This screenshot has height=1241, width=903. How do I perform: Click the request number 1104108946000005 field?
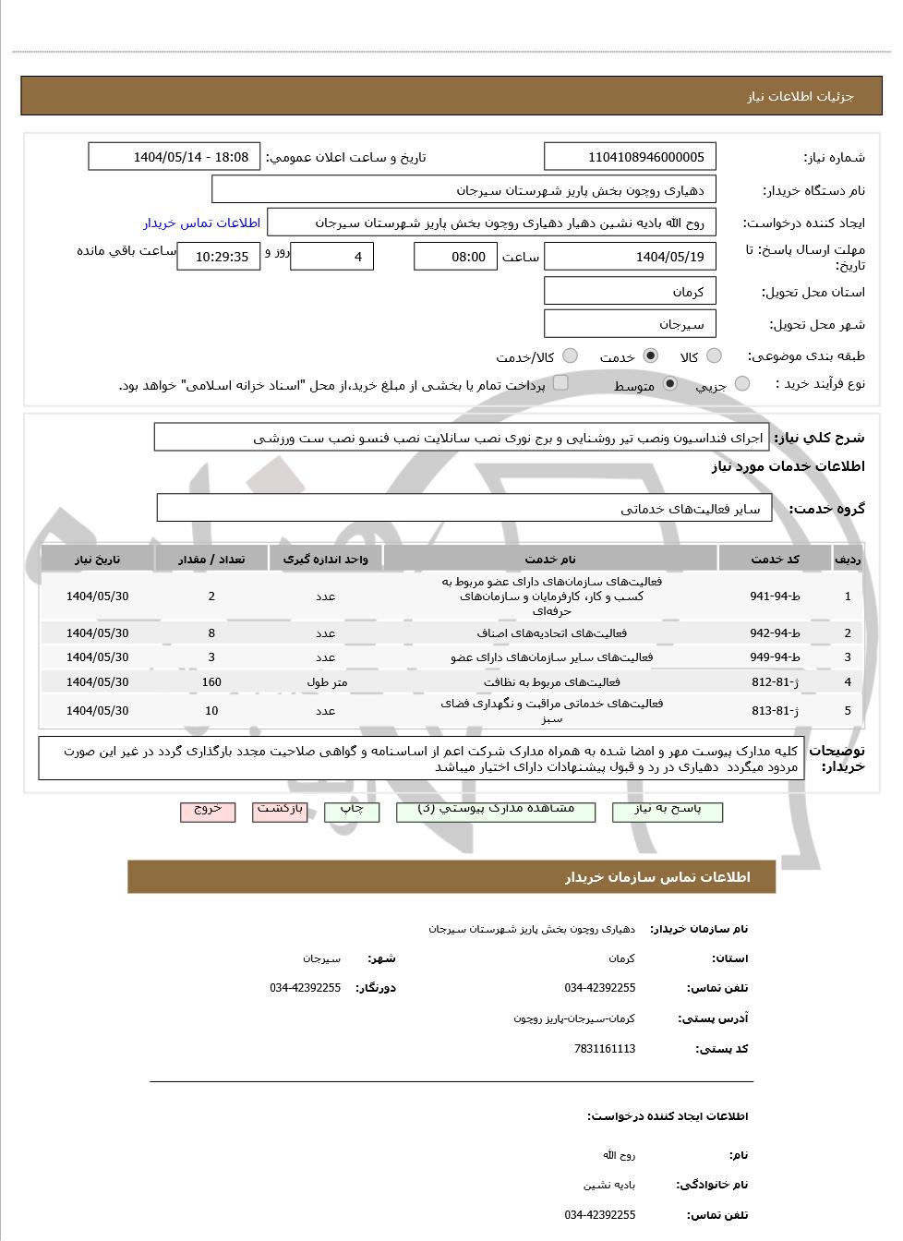(630, 157)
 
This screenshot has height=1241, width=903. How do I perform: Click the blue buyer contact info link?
(201, 223)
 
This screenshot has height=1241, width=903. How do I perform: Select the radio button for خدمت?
(651, 356)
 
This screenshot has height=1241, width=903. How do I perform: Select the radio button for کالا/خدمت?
(570, 356)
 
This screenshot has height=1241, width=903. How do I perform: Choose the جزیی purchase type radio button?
(742, 384)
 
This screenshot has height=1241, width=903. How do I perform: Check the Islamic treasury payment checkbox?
(560, 383)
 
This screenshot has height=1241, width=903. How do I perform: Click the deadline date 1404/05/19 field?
(630, 257)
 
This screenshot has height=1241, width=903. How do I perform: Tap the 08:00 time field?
(455, 257)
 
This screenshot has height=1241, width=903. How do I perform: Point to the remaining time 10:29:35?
(219, 257)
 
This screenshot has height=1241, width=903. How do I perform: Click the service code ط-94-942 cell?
(775, 633)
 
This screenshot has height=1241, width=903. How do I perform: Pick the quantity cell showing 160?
(211, 682)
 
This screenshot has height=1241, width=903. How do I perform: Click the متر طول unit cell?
(326, 682)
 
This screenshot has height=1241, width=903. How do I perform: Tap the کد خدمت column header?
(775, 559)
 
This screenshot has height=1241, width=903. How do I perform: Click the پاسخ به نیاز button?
(668, 810)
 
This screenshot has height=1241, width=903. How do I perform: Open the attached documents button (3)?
(495, 810)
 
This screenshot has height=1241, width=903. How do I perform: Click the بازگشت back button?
(280, 810)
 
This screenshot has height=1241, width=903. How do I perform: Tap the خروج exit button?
(208, 810)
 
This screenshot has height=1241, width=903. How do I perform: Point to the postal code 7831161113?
(605, 1049)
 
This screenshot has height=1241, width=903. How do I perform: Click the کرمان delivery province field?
(630, 291)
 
